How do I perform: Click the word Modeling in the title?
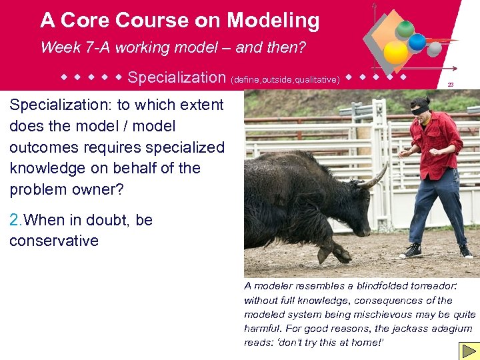[x=273, y=20]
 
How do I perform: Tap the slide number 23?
[x=451, y=84]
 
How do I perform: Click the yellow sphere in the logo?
[x=396, y=53]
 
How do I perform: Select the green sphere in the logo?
[x=405, y=29]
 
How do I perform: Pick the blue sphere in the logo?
[x=417, y=42]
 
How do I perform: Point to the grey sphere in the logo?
[x=434, y=49]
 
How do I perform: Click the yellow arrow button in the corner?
[x=467, y=351]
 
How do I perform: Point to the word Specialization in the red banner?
[x=177, y=77]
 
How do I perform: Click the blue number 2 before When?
[x=15, y=220]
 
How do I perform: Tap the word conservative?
[x=54, y=241]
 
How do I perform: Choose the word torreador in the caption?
[x=432, y=285]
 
